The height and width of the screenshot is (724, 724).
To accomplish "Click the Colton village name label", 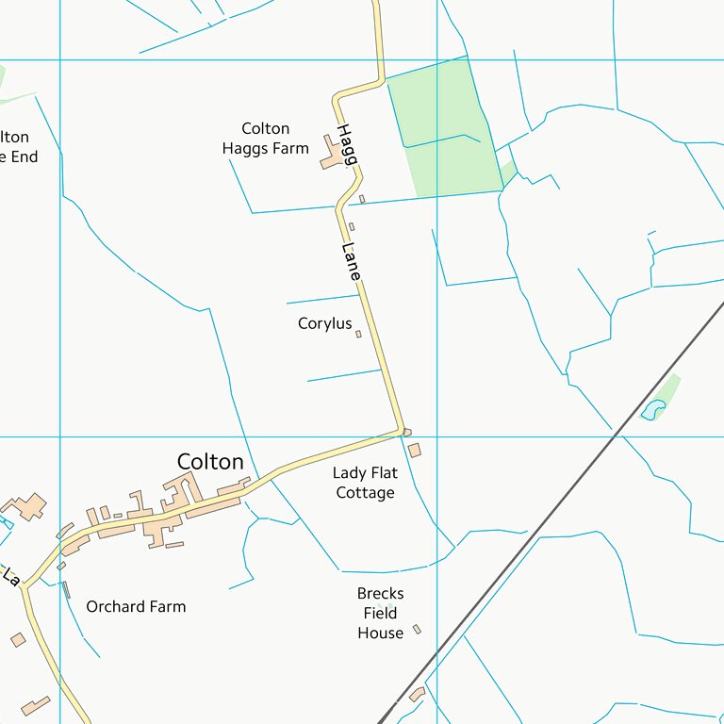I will pyautogui.click(x=210, y=462).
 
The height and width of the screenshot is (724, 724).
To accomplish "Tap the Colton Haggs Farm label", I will pyautogui.click(x=266, y=139).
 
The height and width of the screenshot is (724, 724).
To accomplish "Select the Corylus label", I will pyautogui.click(x=324, y=323).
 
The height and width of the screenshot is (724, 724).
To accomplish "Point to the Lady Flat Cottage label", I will pyautogui.click(x=365, y=483).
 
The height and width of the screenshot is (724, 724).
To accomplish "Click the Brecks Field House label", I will pyautogui.click(x=380, y=613).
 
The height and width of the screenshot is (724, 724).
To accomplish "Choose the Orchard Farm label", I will pyautogui.click(x=136, y=606).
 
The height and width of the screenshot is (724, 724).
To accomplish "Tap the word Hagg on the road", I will pyautogui.click(x=346, y=144).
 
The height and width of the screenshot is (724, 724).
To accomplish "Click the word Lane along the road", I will pyautogui.click(x=351, y=261).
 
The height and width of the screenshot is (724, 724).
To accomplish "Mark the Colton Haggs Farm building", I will pyautogui.click(x=333, y=154).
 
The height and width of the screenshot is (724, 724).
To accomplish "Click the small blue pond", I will pyautogui.click(x=652, y=409).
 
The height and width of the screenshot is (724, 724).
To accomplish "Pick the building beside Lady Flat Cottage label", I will pyautogui.click(x=415, y=451).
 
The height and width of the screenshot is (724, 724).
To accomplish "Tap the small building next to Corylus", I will pyautogui.click(x=358, y=334).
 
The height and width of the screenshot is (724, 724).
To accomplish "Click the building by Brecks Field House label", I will pyautogui.click(x=417, y=629).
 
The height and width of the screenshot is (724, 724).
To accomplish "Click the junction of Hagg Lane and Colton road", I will pyautogui.click(x=403, y=432).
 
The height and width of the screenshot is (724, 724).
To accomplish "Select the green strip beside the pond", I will pyautogui.click(x=668, y=387).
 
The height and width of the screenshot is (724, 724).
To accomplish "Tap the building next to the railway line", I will pyautogui.click(x=417, y=695).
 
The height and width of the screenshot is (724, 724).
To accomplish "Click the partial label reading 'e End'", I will pyautogui.click(x=19, y=157).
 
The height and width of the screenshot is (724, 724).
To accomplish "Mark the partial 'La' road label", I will pyautogui.click(x=10, y=575).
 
